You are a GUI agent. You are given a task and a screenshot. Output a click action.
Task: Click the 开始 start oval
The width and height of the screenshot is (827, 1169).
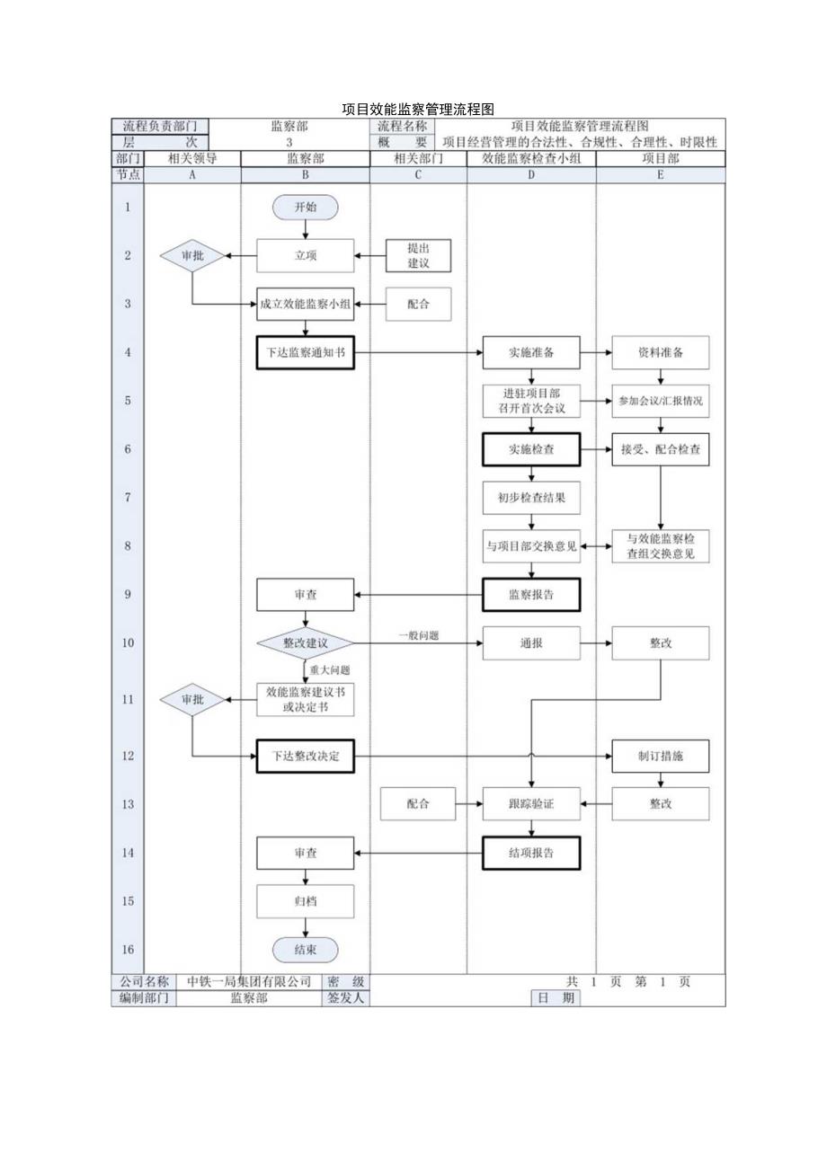click(306, 208)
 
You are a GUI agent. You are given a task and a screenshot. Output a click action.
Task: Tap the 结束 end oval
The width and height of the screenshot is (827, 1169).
click(306, 950)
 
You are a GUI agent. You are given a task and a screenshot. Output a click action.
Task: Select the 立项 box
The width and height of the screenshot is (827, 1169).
click(306, 255)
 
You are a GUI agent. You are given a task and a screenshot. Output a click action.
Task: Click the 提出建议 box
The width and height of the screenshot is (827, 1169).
click(418, 255)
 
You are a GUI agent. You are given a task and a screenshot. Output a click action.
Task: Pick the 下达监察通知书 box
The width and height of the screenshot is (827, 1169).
click(306, 352)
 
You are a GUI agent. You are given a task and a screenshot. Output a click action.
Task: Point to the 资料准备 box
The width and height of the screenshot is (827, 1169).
click(660, 352)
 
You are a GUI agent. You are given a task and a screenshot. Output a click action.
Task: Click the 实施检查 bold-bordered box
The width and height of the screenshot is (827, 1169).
click(531, 449)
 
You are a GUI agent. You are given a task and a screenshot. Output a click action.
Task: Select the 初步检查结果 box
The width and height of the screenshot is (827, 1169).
click(531, 498)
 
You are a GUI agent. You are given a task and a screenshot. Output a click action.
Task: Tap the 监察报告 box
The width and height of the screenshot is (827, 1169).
click(531, 595)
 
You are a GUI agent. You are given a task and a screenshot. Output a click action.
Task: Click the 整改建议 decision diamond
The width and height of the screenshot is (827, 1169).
click(306, 643)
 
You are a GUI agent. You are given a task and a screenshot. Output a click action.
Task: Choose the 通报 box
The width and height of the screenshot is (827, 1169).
click(531, 643)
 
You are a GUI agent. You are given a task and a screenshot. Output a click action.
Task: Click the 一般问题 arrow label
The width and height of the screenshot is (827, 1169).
click(419, 635)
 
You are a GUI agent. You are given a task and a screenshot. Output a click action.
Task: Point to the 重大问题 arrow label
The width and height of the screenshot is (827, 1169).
click(330, 669)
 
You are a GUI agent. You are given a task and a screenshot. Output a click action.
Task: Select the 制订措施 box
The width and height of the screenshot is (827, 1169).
click(660, 757)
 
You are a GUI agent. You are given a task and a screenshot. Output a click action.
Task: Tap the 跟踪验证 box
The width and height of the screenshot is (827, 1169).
click(531, 804)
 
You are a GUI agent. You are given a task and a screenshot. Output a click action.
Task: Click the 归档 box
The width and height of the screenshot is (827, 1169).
click(306, 901)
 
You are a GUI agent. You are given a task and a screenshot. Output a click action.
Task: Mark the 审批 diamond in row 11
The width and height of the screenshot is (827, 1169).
click(192, 699)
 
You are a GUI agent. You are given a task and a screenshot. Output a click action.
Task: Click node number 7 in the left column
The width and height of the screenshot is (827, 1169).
click(127, 498)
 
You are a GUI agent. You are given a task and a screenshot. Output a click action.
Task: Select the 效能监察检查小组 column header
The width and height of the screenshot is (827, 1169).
click(530, 158)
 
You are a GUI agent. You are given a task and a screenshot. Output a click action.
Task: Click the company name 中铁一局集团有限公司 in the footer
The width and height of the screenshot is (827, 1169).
click(248, 982)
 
